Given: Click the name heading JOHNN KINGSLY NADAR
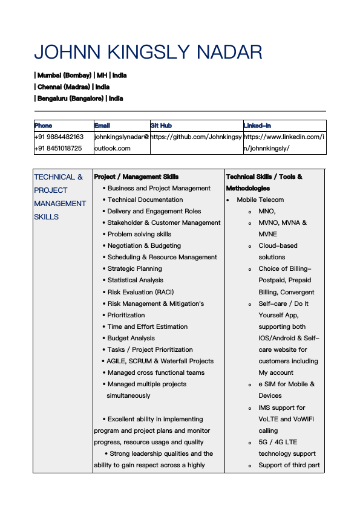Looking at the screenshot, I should (x=148, y=52).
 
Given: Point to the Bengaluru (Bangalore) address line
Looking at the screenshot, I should (x=79, y=99).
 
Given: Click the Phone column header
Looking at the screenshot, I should (x=43, y=126).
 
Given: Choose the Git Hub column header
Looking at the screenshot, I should (x=161, y=126).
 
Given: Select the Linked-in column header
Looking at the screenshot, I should (x=257, y=126).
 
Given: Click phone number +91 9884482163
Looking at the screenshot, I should (x=59, y=137).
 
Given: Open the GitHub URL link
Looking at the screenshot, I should (x=196, y=137).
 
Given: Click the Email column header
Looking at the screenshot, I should (x=102, y=126).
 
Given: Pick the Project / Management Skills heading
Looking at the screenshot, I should (x=136, y=177).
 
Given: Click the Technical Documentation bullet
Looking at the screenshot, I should (x=145, y=200).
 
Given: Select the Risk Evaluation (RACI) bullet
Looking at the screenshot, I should (x=140, y=292).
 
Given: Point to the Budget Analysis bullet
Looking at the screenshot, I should (x=131, y=338).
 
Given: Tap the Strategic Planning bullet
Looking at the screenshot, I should (x=134, y=269).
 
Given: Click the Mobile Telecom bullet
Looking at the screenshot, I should (x=260, y=200).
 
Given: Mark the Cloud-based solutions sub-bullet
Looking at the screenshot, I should (x=278, y=251).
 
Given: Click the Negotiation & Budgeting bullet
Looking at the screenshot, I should (x=144, y=246).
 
